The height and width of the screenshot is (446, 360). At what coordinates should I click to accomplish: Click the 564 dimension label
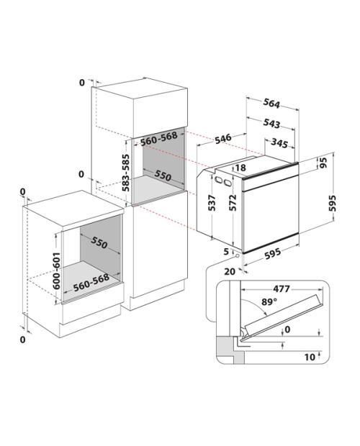(x=271, y=104)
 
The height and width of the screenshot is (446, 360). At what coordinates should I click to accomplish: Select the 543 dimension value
(x=271, y=123)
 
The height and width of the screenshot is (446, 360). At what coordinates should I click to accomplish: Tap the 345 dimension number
(x=279, y=142)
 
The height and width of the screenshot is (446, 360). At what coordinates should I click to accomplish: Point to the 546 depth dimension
(x=222, y=139)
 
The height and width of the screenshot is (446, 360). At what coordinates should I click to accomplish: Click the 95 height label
(x=323, y=163)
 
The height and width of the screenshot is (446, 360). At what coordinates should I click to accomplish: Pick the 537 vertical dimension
(x=212, y=203)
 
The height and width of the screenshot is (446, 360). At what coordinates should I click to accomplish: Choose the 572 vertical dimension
(x=233, y=203)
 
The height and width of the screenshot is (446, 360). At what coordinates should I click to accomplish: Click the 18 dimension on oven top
(x=240, y=168)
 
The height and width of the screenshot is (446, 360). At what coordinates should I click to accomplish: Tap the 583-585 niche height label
(x=125, y=173)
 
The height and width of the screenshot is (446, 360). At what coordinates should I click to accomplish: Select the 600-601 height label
(x=56, y=270)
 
